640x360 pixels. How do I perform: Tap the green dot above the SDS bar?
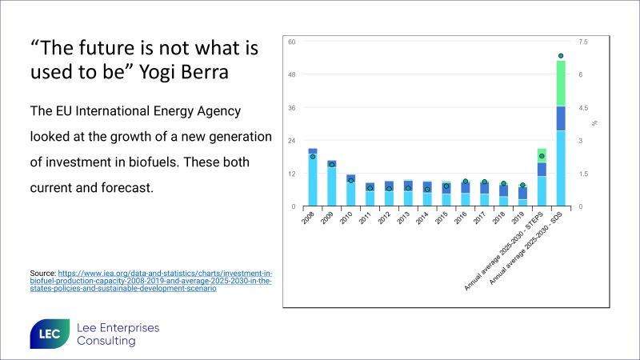561,56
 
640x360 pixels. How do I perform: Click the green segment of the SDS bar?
561,83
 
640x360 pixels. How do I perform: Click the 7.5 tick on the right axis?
583,42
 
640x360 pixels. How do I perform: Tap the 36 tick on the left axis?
292,108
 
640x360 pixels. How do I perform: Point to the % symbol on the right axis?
595,124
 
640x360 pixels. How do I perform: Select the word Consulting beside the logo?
106,342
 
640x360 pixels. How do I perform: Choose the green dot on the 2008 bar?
313,157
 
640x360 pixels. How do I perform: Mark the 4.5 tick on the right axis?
583,108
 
